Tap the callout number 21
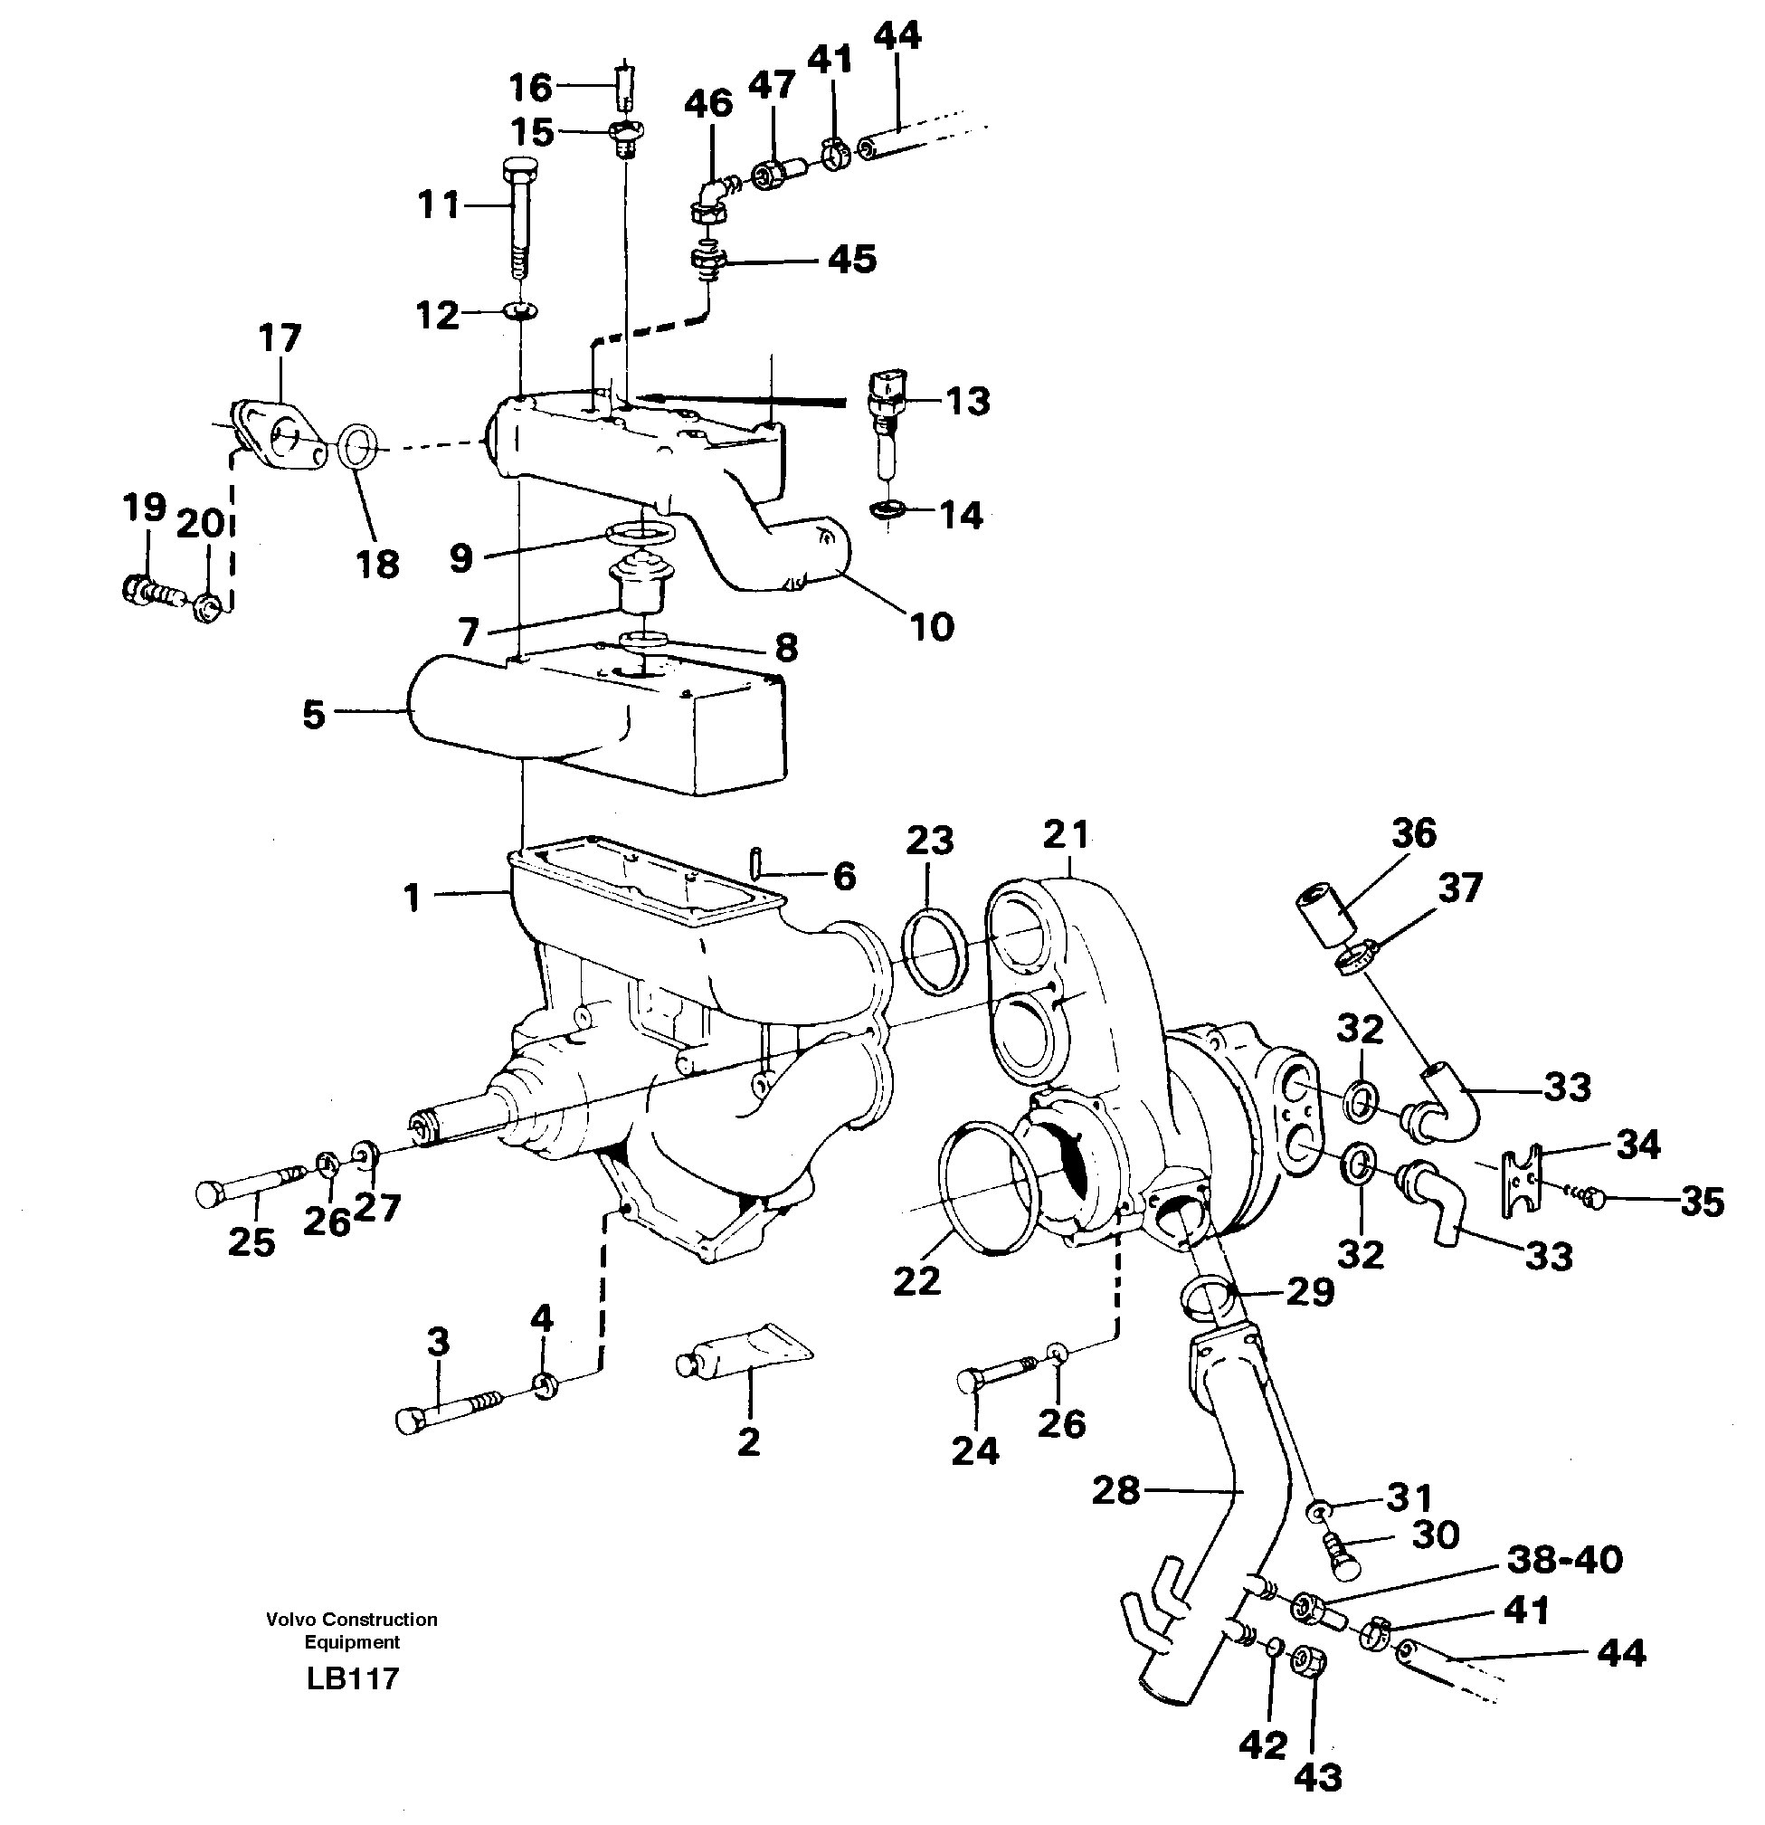[1065, 834]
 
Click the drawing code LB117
[352, 1678]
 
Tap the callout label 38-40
[1564, 1559]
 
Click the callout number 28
[1115, 1490]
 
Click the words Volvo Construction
[352, 1619]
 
